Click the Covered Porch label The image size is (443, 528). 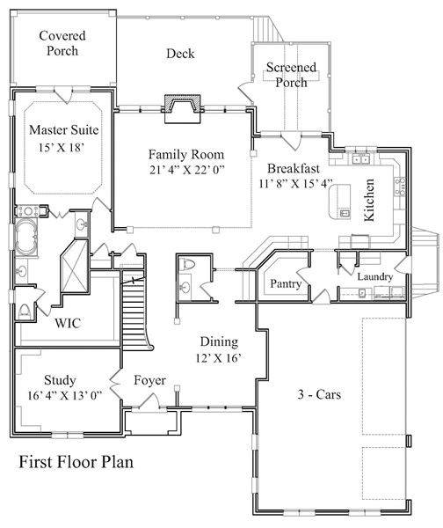pyautogui.click(x=62, y=43)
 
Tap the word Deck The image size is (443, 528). pyautogui.click(x=180, y=54)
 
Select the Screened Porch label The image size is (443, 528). pyautogui.click(x=291, y=75)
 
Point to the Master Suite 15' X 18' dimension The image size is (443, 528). pyautogui.click(x=61, y=148)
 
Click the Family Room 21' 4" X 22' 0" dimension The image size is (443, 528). pyautogui.click(x=187, y=170)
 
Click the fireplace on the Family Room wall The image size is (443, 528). pyautogui.click(x=183, y=108)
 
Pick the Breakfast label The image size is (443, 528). pyautogui.click(x=294, y=168)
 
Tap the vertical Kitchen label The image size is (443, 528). pyautogui.click(x=369, y=200)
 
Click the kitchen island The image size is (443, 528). pyautogui.click(x=339, y=202)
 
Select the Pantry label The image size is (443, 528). pyautogui.click(x=286, y=284)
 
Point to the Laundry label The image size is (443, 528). pyautogui.click(x=374, y=277)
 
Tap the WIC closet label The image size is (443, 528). pyautogui.click(x=68, y=323)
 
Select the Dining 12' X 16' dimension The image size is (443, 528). pyautogui.click(x=219, y=358)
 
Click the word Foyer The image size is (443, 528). pyautogui.click(x=149, y=380)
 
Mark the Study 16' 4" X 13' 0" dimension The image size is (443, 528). pyautogui.click(x=64, y=395)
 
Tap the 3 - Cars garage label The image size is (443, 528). pyautogui.click(x=319, y=394)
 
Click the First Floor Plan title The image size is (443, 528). pyautogui.click(x=76, y=462)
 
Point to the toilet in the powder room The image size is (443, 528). pyautogui.click(x=186, y=265)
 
